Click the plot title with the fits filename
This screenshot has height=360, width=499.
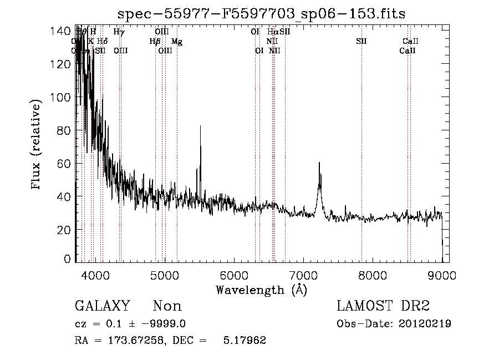coord(262,14)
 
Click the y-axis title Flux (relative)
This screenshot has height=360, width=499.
coord(37,145)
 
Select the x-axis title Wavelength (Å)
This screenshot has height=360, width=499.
coord(261,290)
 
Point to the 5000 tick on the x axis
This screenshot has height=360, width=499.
coord(165,275)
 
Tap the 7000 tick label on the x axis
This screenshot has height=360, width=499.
coord(303,275)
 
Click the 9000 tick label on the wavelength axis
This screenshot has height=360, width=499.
coord(442,275)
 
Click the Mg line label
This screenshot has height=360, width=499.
coord(176,41)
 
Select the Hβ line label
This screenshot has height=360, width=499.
coord(155,41)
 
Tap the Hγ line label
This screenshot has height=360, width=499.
coord(119,32)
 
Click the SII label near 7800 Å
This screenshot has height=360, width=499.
coord(361,41)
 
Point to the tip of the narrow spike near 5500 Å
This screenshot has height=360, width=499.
coord(200,126)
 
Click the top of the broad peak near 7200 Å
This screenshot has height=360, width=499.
coord(319,163)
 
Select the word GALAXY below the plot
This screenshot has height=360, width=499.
coord(103,306)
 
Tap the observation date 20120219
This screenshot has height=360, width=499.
coord(424,323)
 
